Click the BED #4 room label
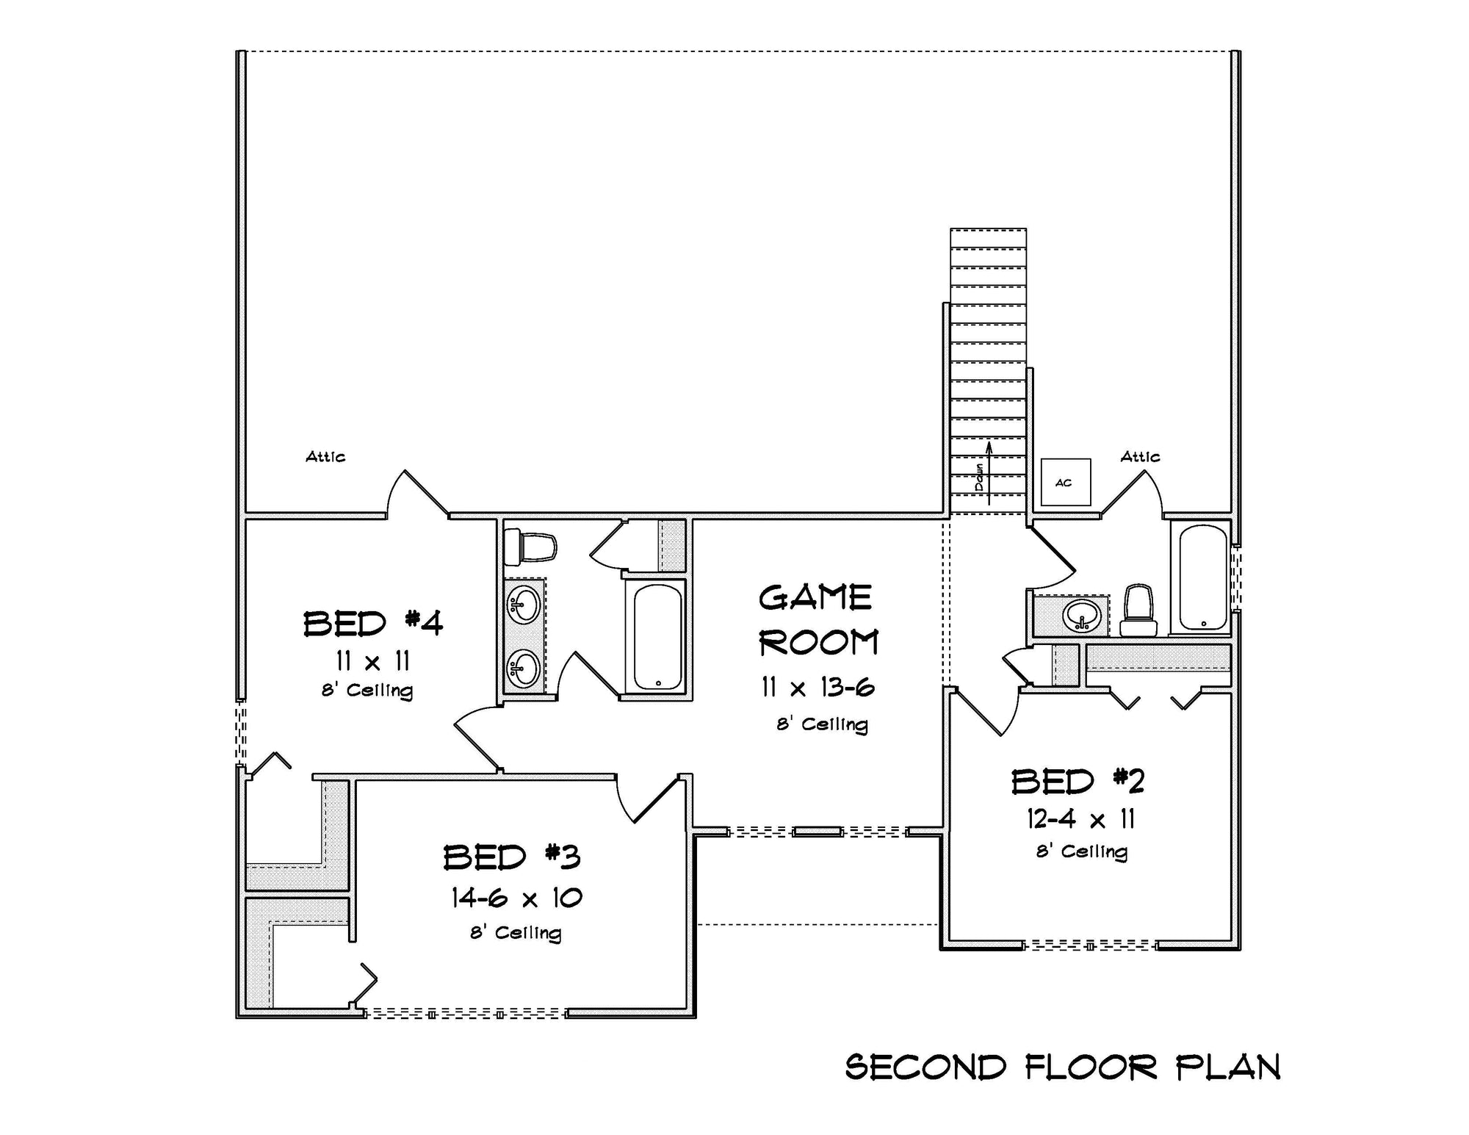pos(373,623)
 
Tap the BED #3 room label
pos(512,857)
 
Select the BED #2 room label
pos(1078,782)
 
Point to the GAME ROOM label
pos(817,620)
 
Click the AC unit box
pos(1065,482)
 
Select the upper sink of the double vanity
pos(524,605)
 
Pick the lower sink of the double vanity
pos(524,669)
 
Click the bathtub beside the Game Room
pos(657,637)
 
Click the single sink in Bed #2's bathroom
pos(1082,615)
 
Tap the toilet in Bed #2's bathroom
pos(1138,611)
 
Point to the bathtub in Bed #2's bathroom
pos(1202,577)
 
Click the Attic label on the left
pos(325,457)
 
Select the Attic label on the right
pos(1140,457)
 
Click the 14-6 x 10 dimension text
pos(516,898)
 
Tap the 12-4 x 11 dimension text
pos(1081,818)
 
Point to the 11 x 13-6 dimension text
pos(818,688)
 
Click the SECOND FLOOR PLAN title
pos(1063,1067)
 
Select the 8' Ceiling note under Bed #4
pos(367,691)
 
